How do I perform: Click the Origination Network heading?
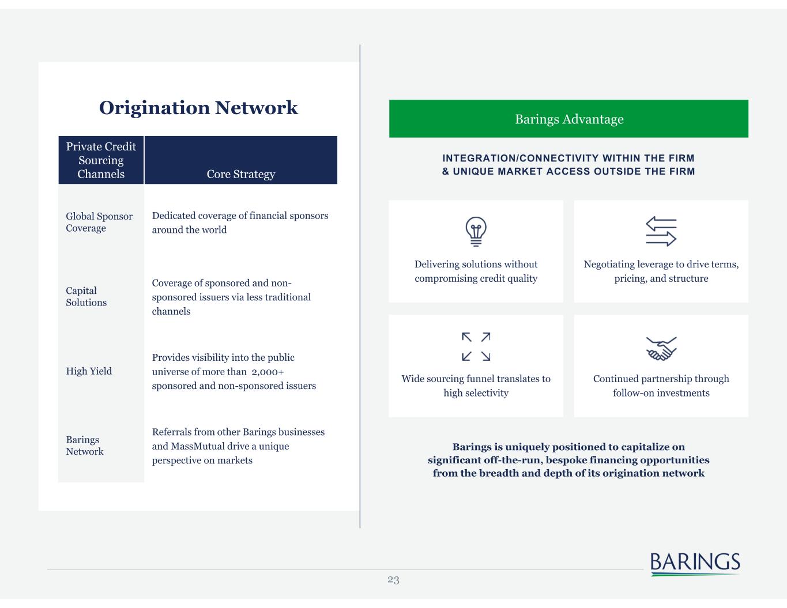pos(198,108)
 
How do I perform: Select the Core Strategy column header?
pos(240,174)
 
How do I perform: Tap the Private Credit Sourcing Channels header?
pos(101,160)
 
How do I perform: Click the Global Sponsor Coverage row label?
pos(99,222)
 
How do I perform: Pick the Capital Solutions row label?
pos(86,296)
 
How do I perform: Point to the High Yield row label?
pos(89,371)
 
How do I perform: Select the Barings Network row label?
pos(84,445)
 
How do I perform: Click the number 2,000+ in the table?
pos(268,372)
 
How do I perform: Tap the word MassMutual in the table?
pos(201,446)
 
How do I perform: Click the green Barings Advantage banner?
pos(568,119)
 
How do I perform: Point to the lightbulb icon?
pos(476,232)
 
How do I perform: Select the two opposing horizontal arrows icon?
pos(661,231)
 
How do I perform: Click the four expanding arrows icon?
pos(476,346)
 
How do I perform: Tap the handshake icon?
pos(661,348)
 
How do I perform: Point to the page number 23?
pos(393,580)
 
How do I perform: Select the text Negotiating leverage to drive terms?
pos(661,265)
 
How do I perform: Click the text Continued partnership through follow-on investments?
pos(661,386)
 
